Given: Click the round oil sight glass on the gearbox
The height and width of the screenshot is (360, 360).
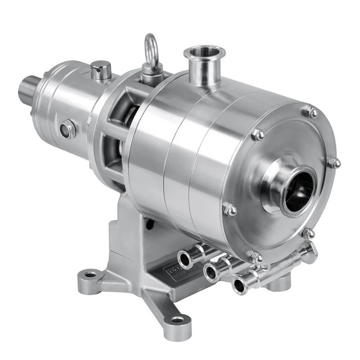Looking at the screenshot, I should (68, 130).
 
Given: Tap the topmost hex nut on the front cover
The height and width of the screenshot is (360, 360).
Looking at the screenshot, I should (310, 112).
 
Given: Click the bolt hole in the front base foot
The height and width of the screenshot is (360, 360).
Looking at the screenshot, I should (178, 320).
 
